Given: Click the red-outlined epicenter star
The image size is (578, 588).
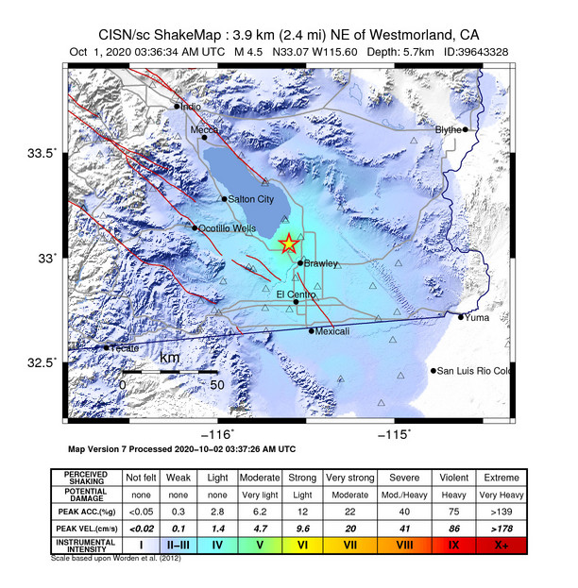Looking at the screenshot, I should pyautogui.click(x=289, y=244).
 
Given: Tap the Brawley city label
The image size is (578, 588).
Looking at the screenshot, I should pyautogui.click(x=321, y=263).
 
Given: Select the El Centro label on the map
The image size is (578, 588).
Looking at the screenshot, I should pyautogui.click(x=296, y=294).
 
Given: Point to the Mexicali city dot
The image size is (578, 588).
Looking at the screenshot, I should pyautogui.click(x=312, y=330).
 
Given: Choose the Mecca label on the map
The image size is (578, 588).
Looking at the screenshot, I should pyautogui.click(x=205, y=129).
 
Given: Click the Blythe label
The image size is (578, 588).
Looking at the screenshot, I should pyautogui.click(x=449, y=129).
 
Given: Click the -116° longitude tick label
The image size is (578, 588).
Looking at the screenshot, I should pyautogui.click(x=220, y=433).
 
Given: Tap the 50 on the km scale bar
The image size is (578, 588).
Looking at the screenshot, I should pyautogui.click(x=216, y=384).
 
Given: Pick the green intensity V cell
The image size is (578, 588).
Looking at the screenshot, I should pyautogui.click(x=260, y=545).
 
